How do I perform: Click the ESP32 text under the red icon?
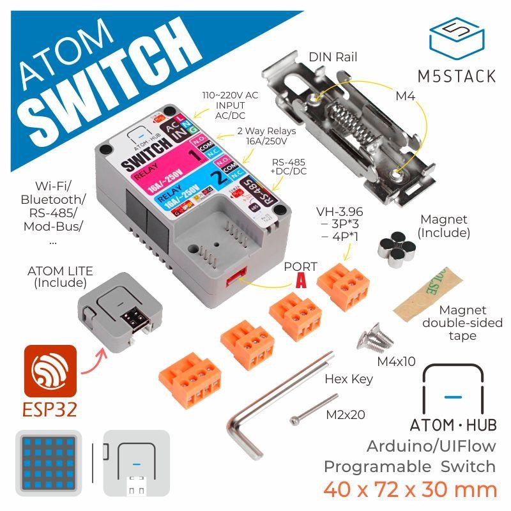tap(50, 408)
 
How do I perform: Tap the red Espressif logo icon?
tap(50, 370)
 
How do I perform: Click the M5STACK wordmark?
tap(457, 76)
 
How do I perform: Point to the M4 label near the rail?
tap(405, 96)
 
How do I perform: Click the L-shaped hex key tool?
tap(268, 409)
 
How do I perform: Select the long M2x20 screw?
tap(313, 411)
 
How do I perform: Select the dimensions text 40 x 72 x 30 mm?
tap(409, 489)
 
